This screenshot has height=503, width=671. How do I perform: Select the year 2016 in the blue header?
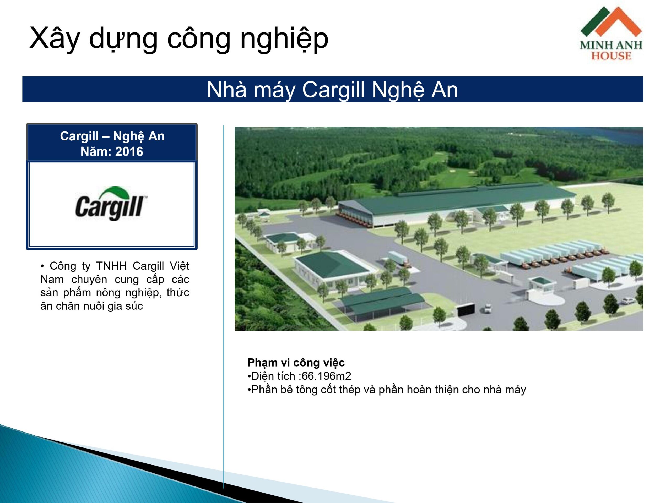point(129,151)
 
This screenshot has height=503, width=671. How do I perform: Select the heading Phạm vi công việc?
point(296,363)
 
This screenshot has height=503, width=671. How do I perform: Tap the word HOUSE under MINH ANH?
point(611,56)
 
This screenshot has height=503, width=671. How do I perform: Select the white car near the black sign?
point(488,309)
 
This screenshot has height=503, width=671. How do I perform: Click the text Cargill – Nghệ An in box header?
point(112,136)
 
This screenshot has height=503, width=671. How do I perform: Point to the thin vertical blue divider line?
point(224,307)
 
